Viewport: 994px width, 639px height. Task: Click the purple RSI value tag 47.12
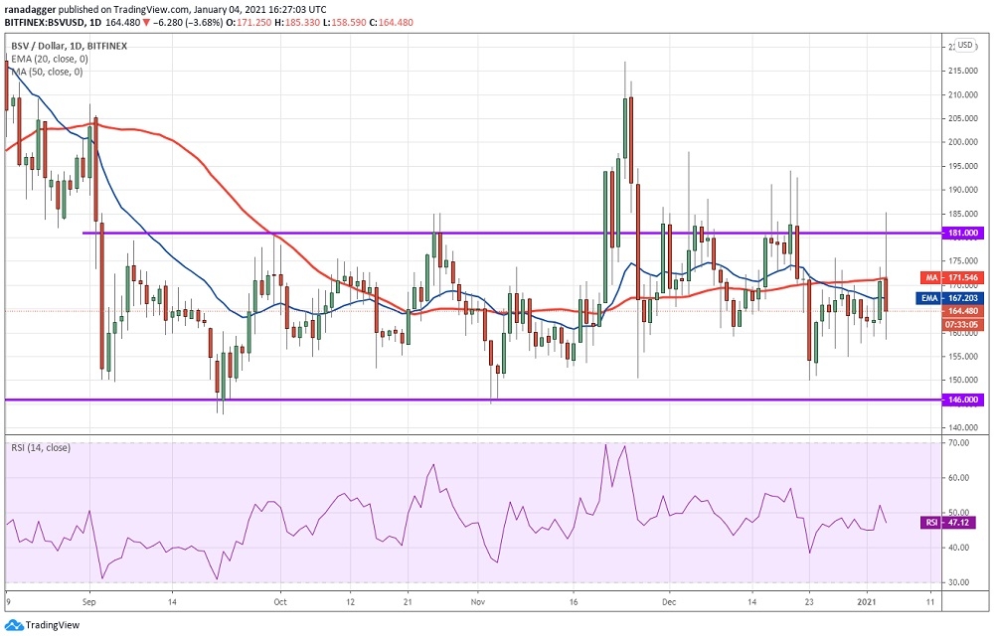pyautogui.click(x=960, y=520)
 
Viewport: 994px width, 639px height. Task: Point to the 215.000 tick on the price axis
pyautogui.click(x=960, y=71)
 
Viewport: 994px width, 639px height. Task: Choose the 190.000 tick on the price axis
pyautogui.click(x=960, y=190)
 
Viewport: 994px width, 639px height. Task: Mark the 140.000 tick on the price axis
pyautogui.click(x=960, y=427)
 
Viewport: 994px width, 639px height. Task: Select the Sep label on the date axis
pyautogui.click(x=88, y=601)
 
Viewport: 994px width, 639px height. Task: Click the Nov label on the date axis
pyautogui.click(x=477, y=601)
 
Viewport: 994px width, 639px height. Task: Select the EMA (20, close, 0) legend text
pyautogui.click(x=50, y=59)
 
